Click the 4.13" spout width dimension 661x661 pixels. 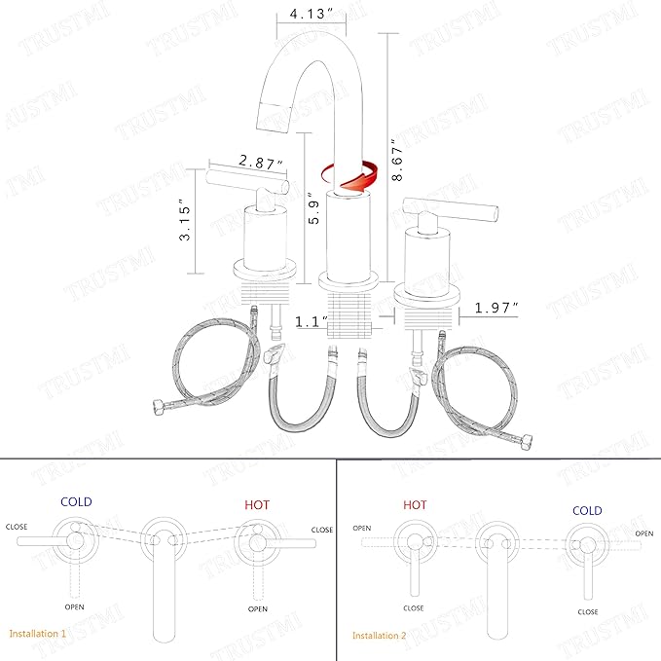312,14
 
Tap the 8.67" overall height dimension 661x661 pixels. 396,160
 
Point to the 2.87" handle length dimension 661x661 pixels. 261,162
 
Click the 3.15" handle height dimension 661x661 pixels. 184,220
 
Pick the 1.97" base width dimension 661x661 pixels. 496,308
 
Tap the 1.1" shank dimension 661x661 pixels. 312,322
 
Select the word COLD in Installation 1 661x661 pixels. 76,501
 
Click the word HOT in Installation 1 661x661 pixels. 257,504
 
